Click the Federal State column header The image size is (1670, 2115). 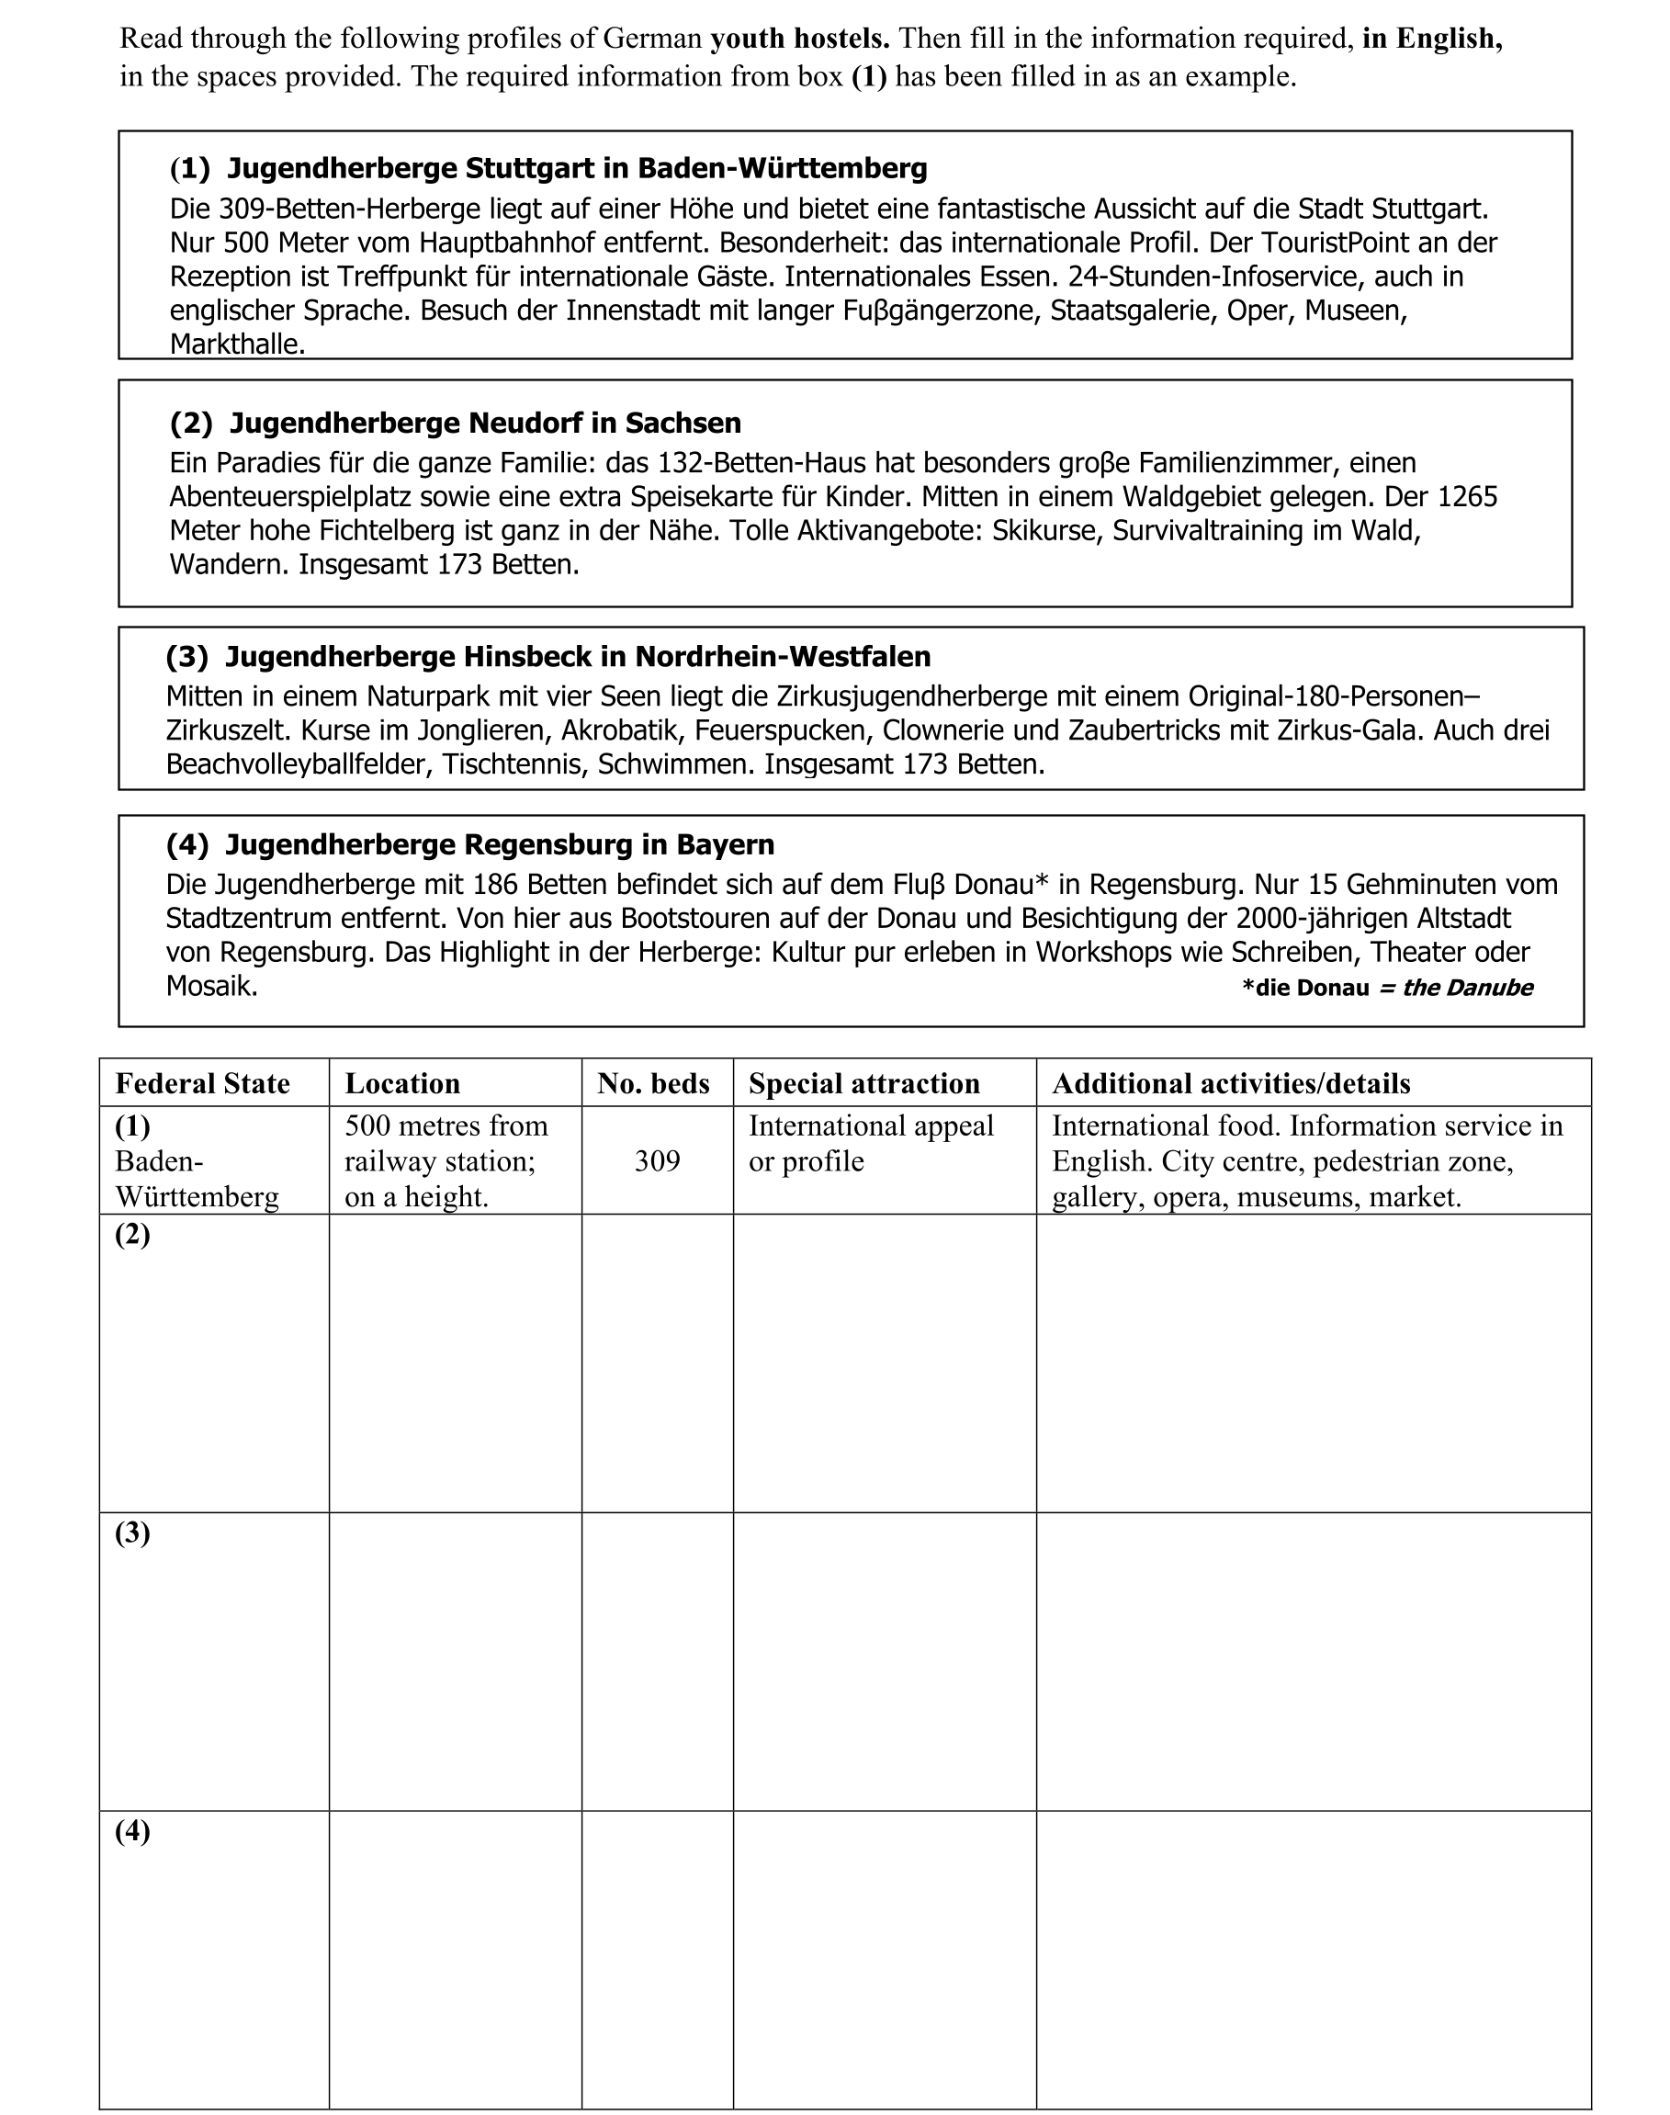pyautogui.click(x=202, y=1083)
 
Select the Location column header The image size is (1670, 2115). pyautogui.click(x=401, y=1083)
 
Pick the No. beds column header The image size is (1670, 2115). pyautogui.click(x=653, y=1083)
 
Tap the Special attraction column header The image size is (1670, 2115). pyautogui.click(x=864, y=1083)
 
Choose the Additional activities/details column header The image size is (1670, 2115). pyautogui.click(x=1231, y=1083)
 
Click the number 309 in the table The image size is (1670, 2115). pyautogui.click(x=657, y=1161)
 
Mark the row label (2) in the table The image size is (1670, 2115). pyautogui.click(x=133, y=1235)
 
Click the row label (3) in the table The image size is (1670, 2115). pyautogui.click(x=133, y=1533)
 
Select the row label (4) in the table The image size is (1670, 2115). pyautogui.click(x=133, y=1831)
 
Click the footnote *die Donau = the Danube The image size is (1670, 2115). pyautogui.click(x=1386, y=989)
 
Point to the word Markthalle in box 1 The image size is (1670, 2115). pyautogui.click(x=237, y=345)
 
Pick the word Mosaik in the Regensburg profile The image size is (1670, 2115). pyautogui.click(x=211, y=987)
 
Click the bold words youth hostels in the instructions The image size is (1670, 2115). pyautogui.click(x=800, y=40)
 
